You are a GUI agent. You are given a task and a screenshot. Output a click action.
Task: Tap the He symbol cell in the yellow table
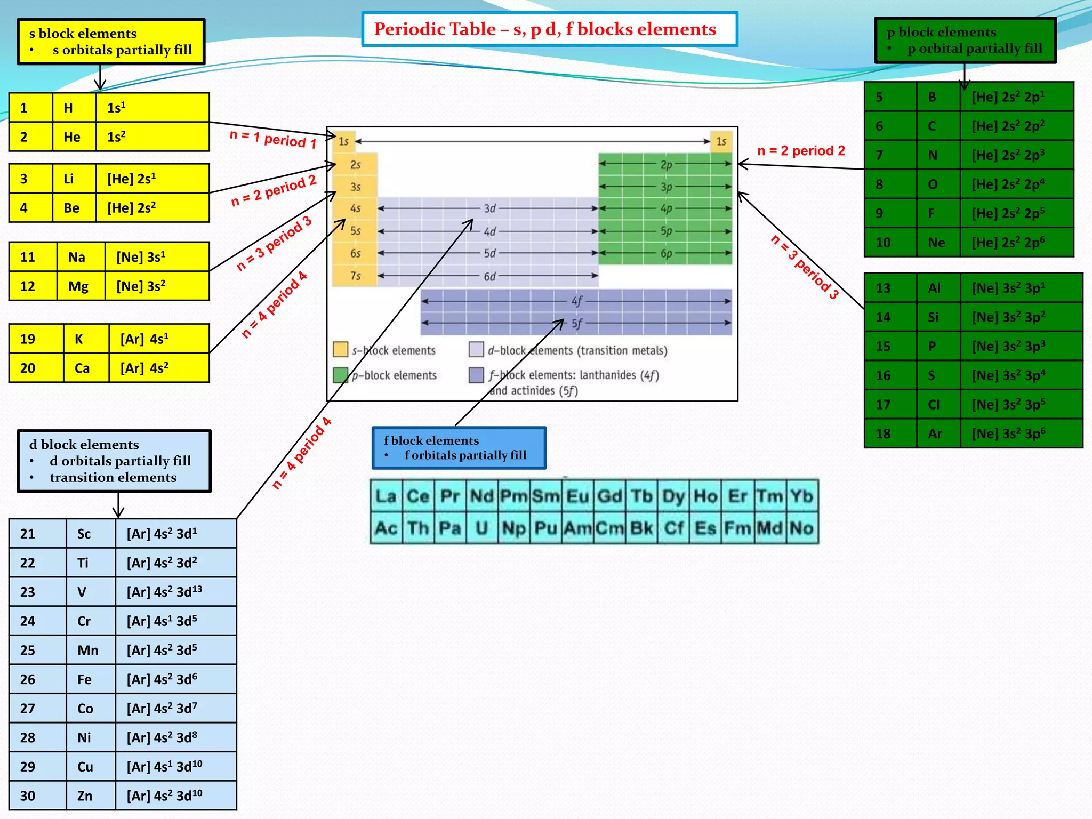pos(72,137)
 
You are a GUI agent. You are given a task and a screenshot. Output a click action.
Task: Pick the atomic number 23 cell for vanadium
pos(28,592)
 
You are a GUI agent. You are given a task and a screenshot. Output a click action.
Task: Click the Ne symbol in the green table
pos(936,243)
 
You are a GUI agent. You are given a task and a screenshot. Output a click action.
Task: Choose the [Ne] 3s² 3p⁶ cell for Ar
pos(1008,433)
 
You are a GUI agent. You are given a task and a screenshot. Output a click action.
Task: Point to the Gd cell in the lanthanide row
pos(609,496)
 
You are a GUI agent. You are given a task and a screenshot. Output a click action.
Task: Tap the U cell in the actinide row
pos(481,528)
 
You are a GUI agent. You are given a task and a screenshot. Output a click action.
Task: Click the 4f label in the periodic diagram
pos(576,301)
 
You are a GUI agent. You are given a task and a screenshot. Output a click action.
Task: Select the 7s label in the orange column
pos(355,276)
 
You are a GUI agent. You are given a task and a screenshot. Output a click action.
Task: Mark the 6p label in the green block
pos(666,254)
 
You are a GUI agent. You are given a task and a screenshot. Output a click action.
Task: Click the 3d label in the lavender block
pos(489,208)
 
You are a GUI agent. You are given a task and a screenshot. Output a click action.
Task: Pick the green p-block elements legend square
pos(340,375)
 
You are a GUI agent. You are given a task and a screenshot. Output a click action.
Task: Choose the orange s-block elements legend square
pos(340,350)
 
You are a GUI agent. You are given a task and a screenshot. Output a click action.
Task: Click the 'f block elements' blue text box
pos(459,448)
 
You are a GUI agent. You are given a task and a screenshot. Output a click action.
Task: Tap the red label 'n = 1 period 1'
pos(272,139)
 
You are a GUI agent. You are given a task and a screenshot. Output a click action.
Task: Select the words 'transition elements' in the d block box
pos(113,477)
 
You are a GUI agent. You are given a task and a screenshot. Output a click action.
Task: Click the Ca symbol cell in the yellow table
pos(82,368)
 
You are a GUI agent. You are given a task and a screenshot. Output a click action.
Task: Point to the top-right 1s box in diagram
pos(721,141)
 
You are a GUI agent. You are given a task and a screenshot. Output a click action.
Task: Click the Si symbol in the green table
pos(933,317)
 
